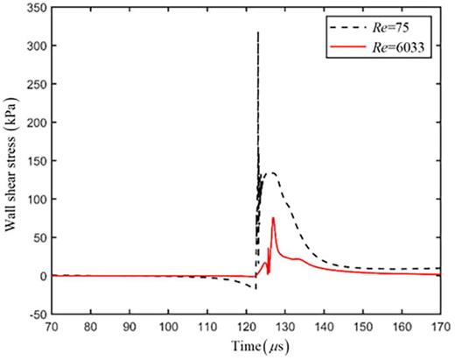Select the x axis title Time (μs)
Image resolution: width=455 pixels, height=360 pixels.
pos(244,348)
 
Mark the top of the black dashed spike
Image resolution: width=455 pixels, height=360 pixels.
pos(257,32)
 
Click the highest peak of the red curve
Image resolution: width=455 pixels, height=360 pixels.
pos(273,218)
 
